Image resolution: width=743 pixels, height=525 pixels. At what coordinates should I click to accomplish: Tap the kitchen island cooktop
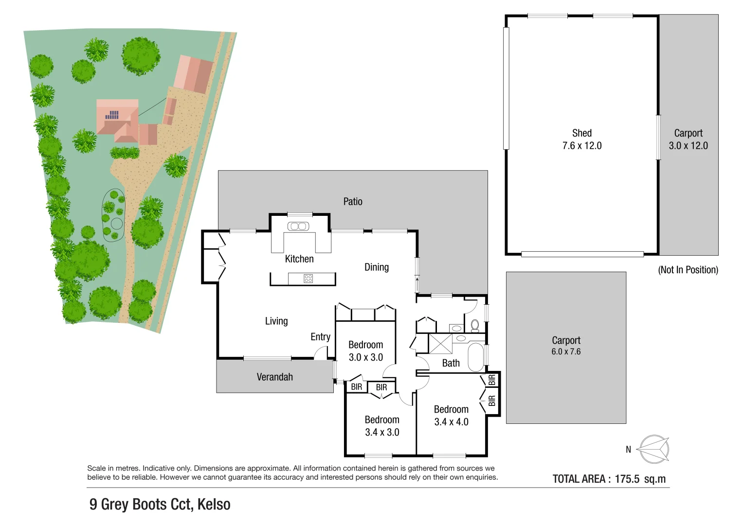tap(308, 279)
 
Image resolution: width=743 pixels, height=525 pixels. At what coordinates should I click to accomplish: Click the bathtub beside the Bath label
tap(475, 357)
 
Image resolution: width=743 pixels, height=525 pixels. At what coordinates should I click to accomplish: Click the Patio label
tap(353, 201)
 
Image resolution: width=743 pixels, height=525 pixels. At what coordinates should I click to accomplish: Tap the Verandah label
tap(274, 377)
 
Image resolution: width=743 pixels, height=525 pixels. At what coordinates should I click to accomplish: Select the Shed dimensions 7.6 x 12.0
tap(582, 146)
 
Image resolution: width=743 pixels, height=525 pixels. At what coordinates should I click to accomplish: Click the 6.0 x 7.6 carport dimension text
tap(566, 351)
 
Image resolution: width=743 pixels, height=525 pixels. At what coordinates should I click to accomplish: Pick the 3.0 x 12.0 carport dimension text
tap(688, 146)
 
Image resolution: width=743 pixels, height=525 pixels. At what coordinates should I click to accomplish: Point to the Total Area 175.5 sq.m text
tap(609, 479)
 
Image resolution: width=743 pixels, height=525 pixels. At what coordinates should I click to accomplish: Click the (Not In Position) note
tap(688, 270)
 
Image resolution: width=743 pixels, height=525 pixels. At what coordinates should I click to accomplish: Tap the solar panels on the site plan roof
tap(112, 115)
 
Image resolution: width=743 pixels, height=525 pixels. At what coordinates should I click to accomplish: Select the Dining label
tap(377, 267)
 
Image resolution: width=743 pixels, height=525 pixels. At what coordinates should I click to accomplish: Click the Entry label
tap(320, 337)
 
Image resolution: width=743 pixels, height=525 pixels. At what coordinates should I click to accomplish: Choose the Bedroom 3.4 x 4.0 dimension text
tap(451, 422)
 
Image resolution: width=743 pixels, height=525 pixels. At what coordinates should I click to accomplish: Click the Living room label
tap(276, 321)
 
